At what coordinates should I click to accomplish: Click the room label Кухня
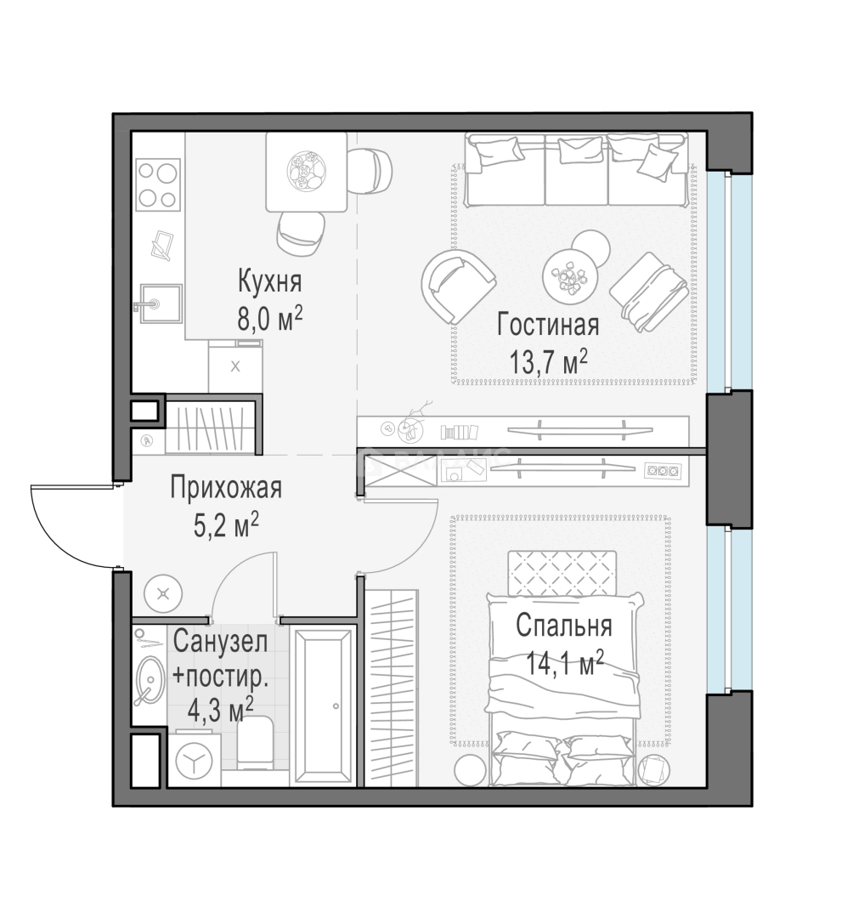(x=269, y=281)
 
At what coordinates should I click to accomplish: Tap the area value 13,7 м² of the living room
(x=548, y=362)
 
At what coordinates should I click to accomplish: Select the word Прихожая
(x=226, y=488)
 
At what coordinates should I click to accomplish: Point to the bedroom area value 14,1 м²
(x=564, y=664)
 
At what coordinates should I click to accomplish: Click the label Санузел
(x=220, y=642)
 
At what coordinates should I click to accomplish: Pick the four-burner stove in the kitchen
(x=158, y=184)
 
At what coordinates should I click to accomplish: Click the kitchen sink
(x=161, y=303)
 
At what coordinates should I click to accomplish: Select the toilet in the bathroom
(x=255, y=744)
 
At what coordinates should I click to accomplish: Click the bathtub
(x=324, y=706)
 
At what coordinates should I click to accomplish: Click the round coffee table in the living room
(x=569, y=275)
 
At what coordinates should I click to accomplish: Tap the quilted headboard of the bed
(x=562, y=573)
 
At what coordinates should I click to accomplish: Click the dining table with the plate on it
(x=306, y=171)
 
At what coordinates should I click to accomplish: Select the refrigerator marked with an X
(x=235, y=367)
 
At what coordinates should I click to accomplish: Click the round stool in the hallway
(x=163, y=594)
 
